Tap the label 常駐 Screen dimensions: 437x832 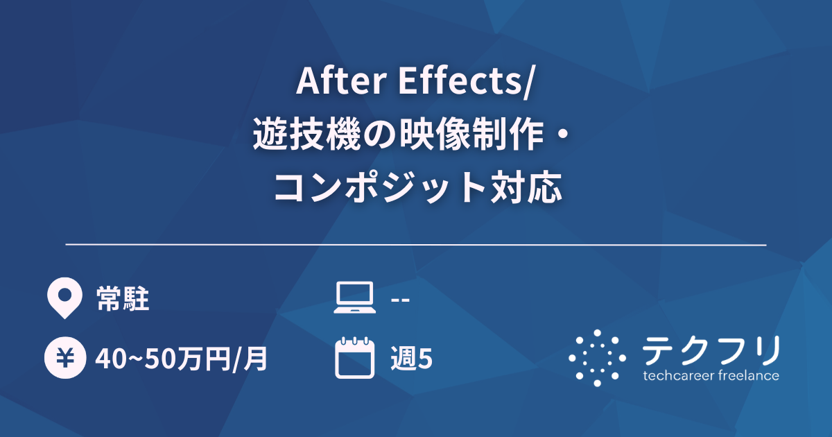tap(123, 300)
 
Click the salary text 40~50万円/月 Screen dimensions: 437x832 tap(182, 359)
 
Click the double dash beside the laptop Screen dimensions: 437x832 tap(400, 300)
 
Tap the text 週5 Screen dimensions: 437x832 tap(412, 359)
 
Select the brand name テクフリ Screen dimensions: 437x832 tap(711, 350)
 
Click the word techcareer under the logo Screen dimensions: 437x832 tap(678, 376)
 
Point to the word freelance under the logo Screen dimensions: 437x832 tap(748, 376)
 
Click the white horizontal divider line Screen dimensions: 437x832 tap(416, 245)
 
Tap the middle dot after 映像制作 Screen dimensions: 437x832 tap(562, 135)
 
